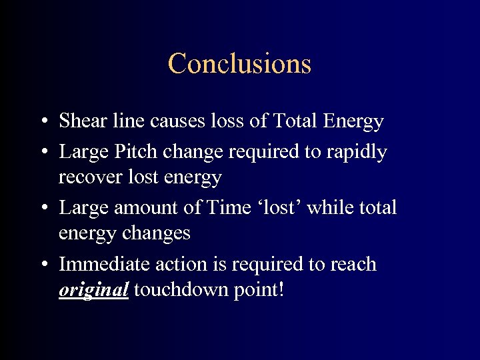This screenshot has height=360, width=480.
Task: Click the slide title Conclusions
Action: click(x=239, y=64)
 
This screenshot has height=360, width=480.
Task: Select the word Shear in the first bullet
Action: click(x=79, y=121)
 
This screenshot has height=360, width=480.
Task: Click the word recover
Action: click(x=85, y=178)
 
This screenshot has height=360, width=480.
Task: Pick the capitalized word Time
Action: click(x=229, y=207)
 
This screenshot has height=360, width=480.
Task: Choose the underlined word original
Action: click(x=93, y=291)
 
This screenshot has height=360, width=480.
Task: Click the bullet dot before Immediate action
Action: click(x=43, y=265)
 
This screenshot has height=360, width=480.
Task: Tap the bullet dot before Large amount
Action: click(x=43, y=209)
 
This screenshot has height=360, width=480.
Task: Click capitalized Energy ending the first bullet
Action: click(x=353, y=121)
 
